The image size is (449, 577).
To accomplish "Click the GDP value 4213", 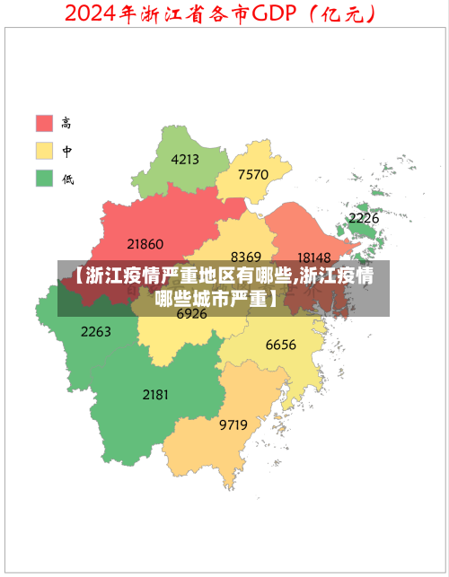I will [x=185, y=160].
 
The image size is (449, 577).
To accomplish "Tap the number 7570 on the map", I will [x=253, y=174].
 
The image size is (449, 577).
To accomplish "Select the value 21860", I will [x=145, y=243].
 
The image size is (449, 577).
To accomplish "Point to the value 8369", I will [x=246, y=257].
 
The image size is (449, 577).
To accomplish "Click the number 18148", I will [x=314, y=258].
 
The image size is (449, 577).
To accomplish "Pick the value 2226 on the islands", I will [x=364, y=218].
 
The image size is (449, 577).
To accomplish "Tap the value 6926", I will [x=191, y=314].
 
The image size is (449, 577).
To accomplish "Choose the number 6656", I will [x=281, y=345].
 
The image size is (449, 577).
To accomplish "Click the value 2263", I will [x=96, y=331].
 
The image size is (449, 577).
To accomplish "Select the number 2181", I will [x=155, y=394].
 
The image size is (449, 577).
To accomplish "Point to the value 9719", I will [x=233, y=424].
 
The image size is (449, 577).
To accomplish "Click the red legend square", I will [x=44, y=123].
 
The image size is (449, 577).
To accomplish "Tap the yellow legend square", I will [x=44, y=151].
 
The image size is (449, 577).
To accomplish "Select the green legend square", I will [x=44, y=178].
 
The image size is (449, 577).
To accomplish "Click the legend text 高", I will [x=67, y=123].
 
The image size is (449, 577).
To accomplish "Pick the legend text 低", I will [x=67, y=179].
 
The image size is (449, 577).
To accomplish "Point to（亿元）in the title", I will [x=340, y=13].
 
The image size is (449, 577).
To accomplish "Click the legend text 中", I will [x=67, y=151].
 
